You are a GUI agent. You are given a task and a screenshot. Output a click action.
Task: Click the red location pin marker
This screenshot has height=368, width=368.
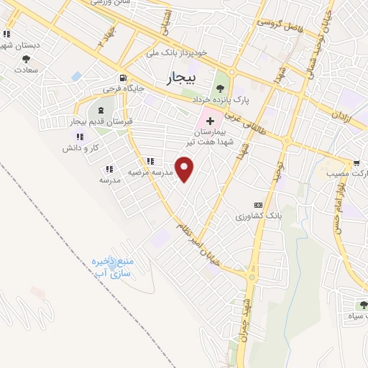point(185,170)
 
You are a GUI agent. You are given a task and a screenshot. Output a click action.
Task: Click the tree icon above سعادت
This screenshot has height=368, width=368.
point(27,59)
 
